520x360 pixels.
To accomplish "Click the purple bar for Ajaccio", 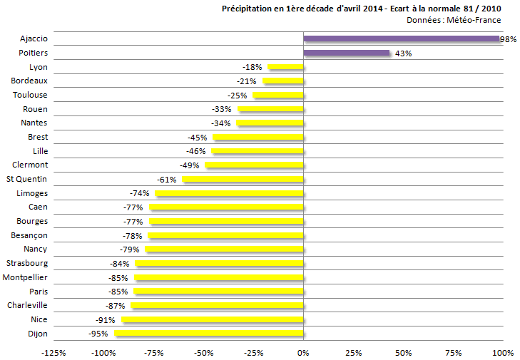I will click(402, 38).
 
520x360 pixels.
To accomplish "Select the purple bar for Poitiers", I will click(347, 53).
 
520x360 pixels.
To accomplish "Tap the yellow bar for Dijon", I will click(209, 334).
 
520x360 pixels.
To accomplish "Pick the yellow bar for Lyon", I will click(286, 67).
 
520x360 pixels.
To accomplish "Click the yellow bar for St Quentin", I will click(243, 179).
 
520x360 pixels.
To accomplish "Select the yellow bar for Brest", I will click(258, 137).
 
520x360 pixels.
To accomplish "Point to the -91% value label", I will click(105, 319).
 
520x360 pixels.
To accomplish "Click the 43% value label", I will click(403, 53).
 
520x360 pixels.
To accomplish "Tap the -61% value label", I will click(166, 179).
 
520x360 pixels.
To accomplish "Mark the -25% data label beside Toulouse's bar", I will click(237, 95).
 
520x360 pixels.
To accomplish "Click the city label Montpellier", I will click(26, 277).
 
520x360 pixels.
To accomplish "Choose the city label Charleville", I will click(27, 305).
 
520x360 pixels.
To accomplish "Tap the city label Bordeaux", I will click(30, 81).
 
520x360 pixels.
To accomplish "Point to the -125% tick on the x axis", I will click(53, 352).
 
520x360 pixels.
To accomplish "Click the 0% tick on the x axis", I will click(304, 352).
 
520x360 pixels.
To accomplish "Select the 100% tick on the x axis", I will click(503, 352).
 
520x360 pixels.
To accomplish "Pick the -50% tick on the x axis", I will click(204, 352).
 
